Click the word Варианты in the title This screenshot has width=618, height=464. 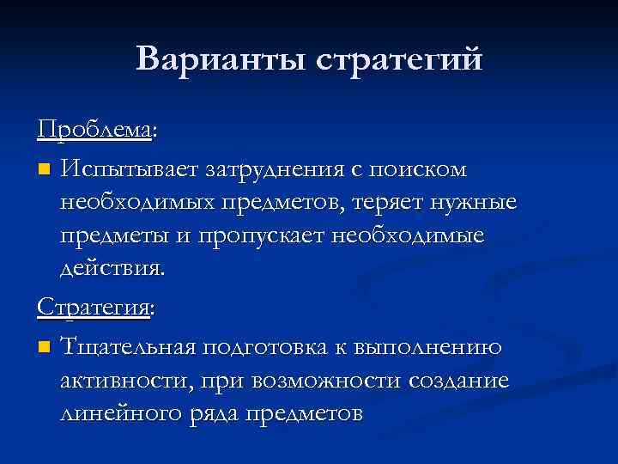coord(220,60)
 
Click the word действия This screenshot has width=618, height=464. coord(110,268)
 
